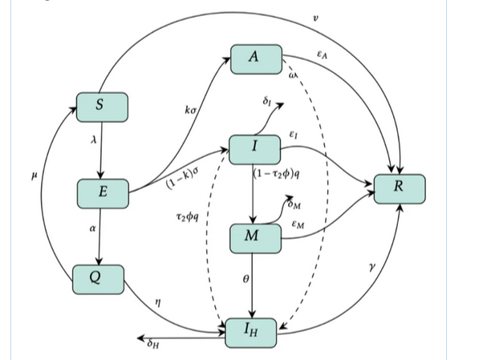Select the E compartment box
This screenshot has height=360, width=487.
click(x=103, y=192)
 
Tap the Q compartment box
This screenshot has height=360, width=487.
click(x=99, y=277)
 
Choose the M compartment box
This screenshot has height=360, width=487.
click(x=254, y=237)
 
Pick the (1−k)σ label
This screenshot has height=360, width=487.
click(x=182, y=178)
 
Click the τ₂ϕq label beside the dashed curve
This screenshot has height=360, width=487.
click(x=185, y=216)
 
